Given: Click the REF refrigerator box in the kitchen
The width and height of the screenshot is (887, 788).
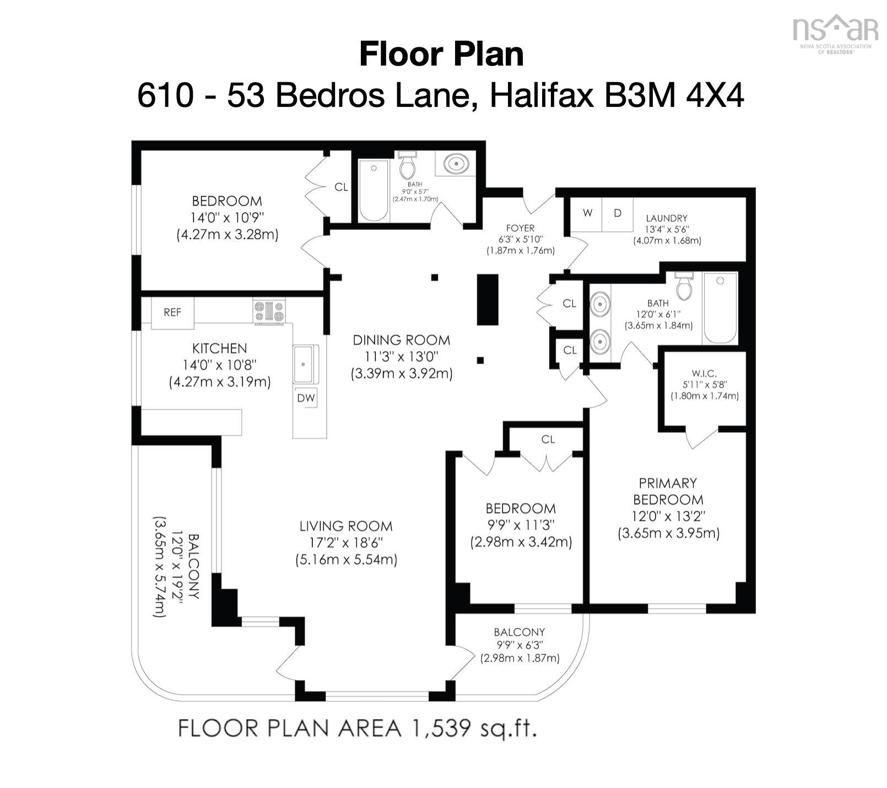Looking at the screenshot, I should tap(172, 313).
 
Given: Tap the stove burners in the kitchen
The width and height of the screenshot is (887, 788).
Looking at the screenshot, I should tap(269, 312).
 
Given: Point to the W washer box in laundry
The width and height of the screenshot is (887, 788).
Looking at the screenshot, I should tap(587, 213).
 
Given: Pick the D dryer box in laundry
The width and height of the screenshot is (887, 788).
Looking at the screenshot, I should tap(617, 213).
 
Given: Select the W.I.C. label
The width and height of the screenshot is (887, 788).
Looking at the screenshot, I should tap(704, 374).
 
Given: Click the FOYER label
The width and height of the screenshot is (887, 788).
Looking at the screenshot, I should tap(520, 228).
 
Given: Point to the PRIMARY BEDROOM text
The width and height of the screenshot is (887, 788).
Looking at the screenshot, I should tap(668, 491).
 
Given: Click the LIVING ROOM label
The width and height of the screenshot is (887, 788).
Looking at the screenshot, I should tap(346, 526).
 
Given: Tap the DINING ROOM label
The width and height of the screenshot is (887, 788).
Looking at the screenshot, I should tap(401, 340).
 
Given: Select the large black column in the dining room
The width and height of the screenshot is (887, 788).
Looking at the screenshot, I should tap(488, 300).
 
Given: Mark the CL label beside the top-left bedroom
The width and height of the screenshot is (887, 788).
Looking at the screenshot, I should tap(341, 187).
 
